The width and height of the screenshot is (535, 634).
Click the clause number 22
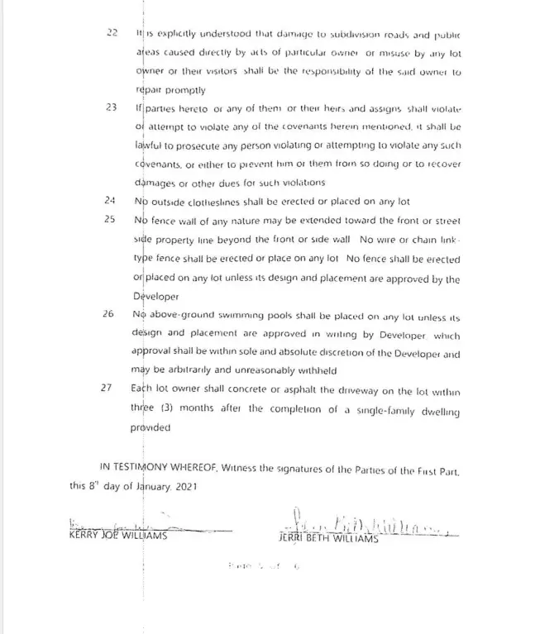pyautogui.click(x=112, y=32)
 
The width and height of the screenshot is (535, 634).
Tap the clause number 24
pyautogui.click(x=110, y=201)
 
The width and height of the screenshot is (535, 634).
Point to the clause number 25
pyautogui.click(x=110, y=221)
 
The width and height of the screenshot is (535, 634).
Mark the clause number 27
pyautogui.click(x=110, y=389)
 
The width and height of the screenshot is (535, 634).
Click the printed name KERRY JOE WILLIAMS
pyautogui.click(x=118, y=536)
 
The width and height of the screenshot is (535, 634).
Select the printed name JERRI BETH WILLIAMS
pyautogui.click(x=327, y=538)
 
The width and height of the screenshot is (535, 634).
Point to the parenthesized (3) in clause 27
pyautogui.click(x=157, y=408)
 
